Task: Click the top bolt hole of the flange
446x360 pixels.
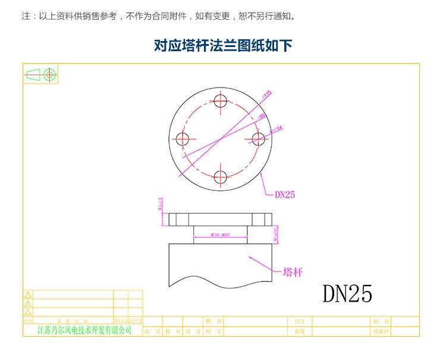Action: tap(221, 101)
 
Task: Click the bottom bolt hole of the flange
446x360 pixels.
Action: tap(221, 177)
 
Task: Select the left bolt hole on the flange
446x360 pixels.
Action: tap(183, 139)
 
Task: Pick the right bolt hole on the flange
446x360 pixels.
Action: tap(259, 139)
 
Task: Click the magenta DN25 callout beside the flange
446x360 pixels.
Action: tap(285, 194)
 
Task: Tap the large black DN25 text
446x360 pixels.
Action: tap(347, 293)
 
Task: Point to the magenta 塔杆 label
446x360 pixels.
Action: tap(293, 273)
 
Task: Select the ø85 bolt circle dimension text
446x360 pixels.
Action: tap(262, 115)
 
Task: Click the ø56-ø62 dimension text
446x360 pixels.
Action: tap(221, 236)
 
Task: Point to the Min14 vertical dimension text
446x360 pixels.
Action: tap(161, 205)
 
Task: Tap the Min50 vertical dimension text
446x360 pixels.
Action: tap(275, 234)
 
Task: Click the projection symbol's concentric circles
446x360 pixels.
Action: tap(50, 74)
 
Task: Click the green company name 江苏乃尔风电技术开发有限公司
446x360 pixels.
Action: tap(84, 330)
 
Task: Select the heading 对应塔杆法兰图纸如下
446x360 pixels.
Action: tap(223, 46)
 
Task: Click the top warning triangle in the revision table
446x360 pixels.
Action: tap(27, 295)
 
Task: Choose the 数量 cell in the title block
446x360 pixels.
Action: tap(299, 331)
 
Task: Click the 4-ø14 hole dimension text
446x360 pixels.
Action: tap(277, 128)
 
